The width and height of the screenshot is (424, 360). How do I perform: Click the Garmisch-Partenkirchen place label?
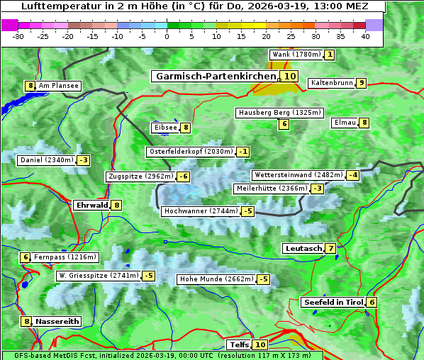pos(215,77)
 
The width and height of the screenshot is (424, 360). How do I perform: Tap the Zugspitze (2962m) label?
pos(140,176)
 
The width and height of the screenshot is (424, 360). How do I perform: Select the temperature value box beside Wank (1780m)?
pos(330,55)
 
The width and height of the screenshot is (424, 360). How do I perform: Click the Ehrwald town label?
pos(91,205)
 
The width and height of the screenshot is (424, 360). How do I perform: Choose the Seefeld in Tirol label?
pos(333,302)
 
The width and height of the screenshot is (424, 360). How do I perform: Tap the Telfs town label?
pos(239,344)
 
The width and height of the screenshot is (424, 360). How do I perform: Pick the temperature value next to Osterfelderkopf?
pos(243,152)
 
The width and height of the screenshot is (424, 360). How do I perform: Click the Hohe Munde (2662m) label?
pos(216,279)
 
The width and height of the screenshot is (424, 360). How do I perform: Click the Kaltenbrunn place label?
pos(331,83)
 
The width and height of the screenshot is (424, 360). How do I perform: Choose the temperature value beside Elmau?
pos(364,123)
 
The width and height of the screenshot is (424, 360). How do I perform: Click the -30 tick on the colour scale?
pos(18,36)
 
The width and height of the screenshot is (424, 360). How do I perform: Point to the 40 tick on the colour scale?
pos(365,36)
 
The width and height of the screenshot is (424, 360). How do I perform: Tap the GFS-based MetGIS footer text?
pos(161,355)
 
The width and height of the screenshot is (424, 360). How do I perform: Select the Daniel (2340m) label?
pos(46,160)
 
